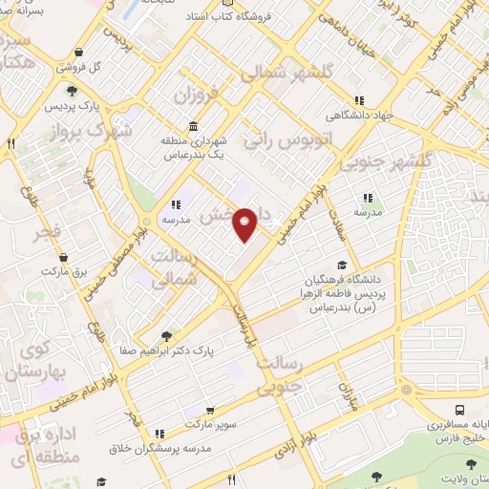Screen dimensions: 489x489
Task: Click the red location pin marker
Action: (245, 223)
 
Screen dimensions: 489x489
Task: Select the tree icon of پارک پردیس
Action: (73, 91)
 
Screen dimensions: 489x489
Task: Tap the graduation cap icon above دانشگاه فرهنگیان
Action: (342, 266)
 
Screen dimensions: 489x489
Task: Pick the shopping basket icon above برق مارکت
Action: (63, 257)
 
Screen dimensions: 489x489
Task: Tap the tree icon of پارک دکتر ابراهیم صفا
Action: (167, 336)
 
